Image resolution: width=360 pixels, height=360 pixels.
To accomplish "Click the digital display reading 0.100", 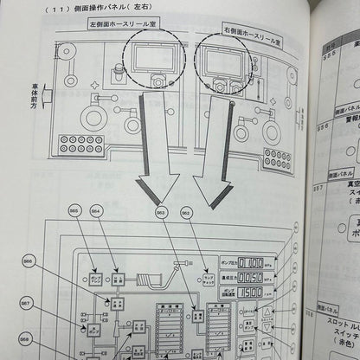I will click(x=251, y=261).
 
